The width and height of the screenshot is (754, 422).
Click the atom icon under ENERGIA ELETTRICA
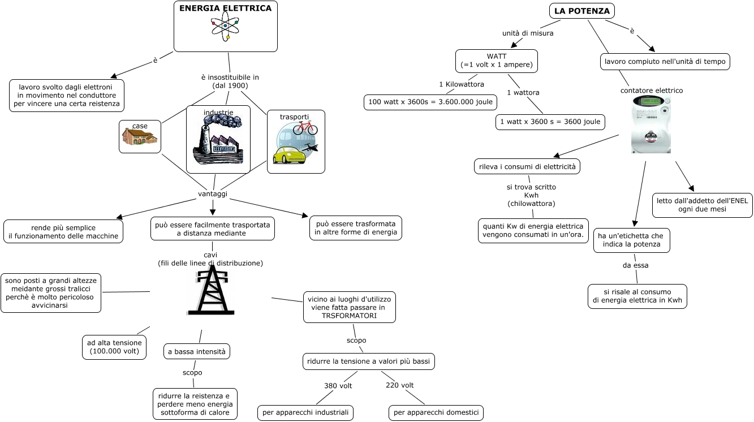pos(225,27)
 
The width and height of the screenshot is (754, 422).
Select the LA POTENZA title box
pos(581,11)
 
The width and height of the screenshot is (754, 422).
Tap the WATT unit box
pos(496,61)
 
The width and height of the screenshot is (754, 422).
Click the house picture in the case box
pos(140,137)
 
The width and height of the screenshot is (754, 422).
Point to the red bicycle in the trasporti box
pos(305,127)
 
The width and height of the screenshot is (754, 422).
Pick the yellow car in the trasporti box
pos(289,154)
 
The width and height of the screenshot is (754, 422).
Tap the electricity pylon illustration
pos(211,290)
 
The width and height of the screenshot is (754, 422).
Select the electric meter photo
pos(650,124)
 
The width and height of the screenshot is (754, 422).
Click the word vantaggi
pos(213,193)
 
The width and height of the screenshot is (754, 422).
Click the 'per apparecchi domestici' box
pos(436,412)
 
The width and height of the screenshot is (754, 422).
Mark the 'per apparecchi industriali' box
pos(305,412)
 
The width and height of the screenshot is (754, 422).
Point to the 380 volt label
pos(338,386)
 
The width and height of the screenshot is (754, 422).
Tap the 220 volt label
pos(399,385)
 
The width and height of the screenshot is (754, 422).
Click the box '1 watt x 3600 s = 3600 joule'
pos(550,122)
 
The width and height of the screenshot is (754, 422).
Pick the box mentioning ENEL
pos(702,205)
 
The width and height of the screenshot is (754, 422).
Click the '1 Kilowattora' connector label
pos(461,84)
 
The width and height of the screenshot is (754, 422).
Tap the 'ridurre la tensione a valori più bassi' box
pos(368,361)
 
